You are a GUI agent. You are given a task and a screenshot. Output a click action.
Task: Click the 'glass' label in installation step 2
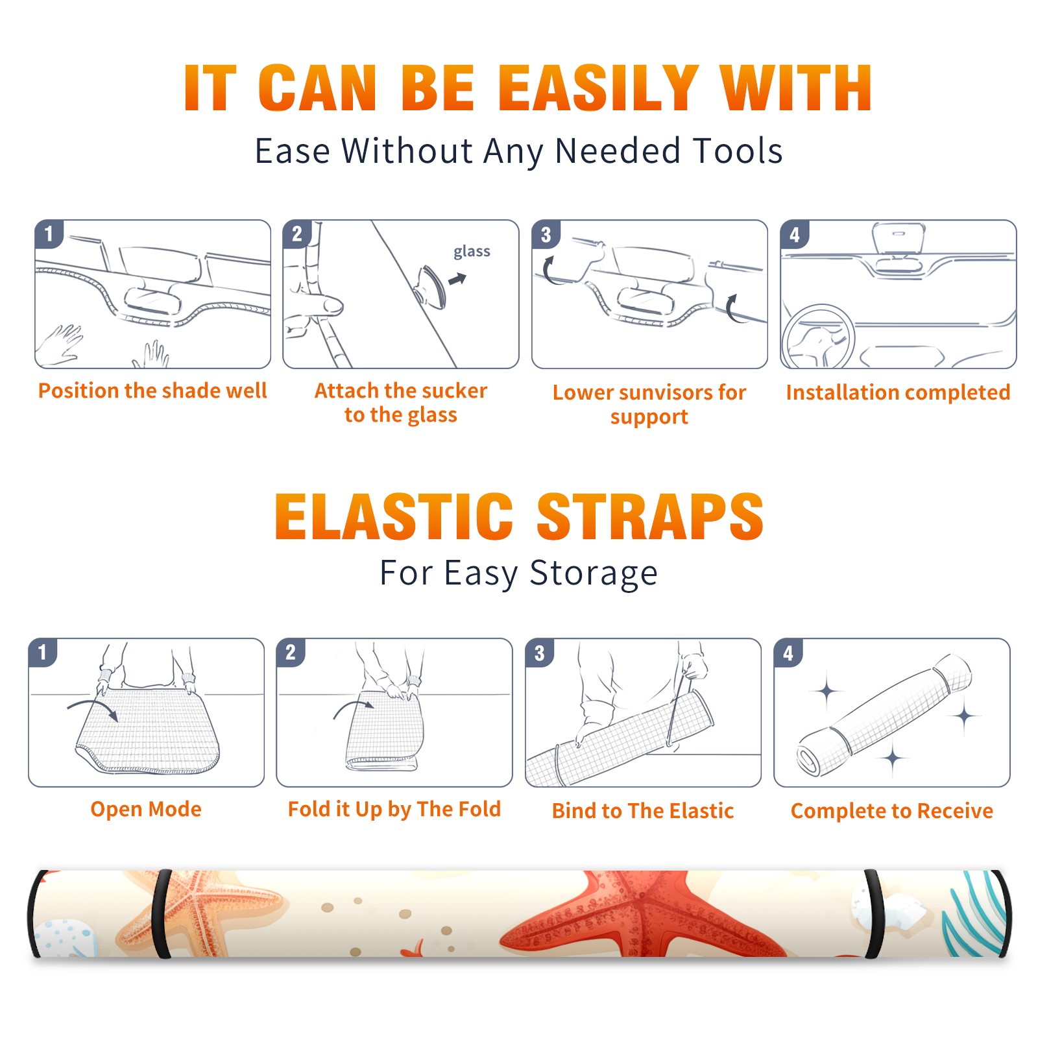click(472, 252)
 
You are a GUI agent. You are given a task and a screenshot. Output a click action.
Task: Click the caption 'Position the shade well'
click(152, 391)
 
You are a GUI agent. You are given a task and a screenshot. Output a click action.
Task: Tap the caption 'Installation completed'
click(898, 392)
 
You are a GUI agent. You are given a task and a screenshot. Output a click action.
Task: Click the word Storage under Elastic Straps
click(594, 573)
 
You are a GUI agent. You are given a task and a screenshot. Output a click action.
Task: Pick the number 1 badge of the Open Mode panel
click(43, 652)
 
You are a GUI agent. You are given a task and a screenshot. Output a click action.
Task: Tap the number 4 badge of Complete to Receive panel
click(788, 653)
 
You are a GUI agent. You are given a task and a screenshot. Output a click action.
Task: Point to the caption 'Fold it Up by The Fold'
click(394, 809)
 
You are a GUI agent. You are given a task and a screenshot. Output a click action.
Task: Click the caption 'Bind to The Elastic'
click(643, 811)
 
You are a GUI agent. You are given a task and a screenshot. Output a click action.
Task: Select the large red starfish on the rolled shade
click(642, 915)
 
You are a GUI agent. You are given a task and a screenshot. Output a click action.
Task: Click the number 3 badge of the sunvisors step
click(546, 235)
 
